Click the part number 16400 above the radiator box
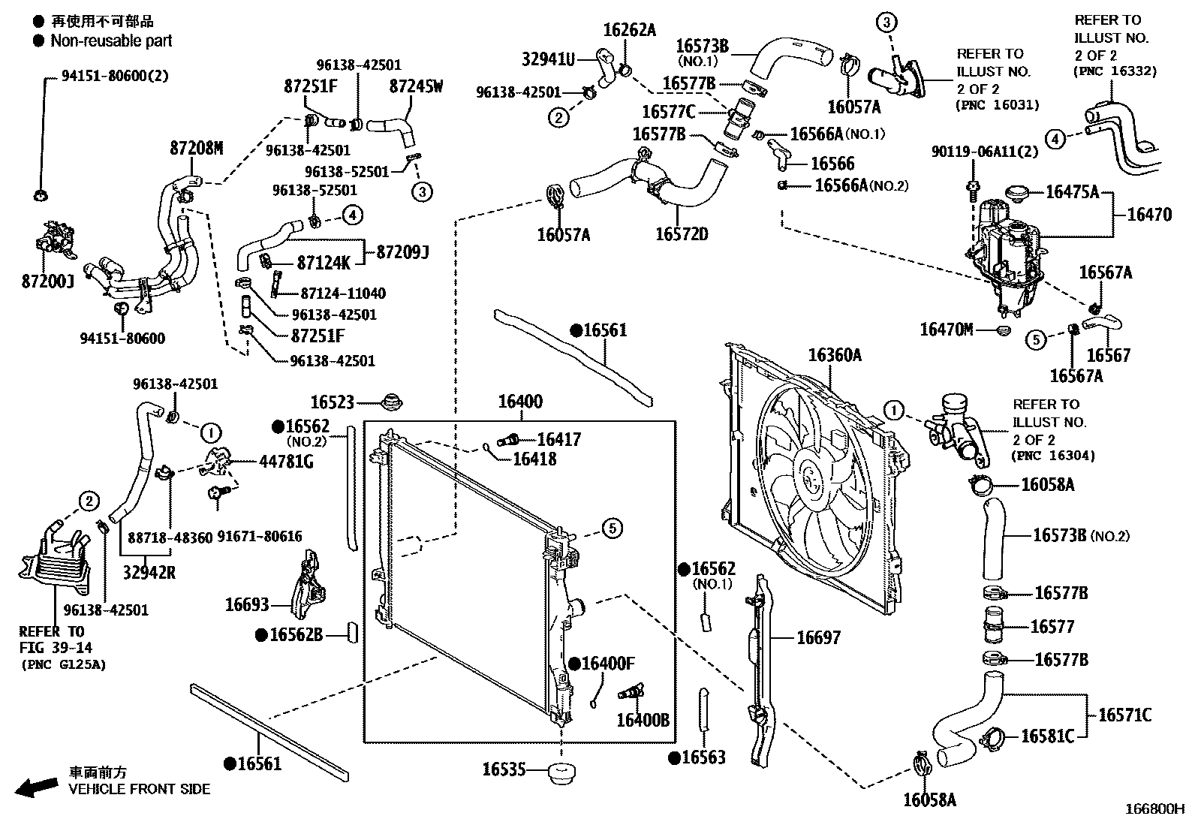click(520, 402)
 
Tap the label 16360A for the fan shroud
click(835, 355)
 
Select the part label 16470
click(1148, 215)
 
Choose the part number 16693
click(247, 604)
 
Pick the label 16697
click(818, 637)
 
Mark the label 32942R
click(149, 572)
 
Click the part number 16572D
click(681, 234)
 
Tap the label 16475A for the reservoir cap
click(1072, 192)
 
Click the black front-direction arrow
click(38, 786)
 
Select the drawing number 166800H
click(1153, 809)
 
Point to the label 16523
click(332, 403)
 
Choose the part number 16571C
click(1124, 715)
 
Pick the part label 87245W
click(416, 86)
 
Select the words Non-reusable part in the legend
click(111, 41)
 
